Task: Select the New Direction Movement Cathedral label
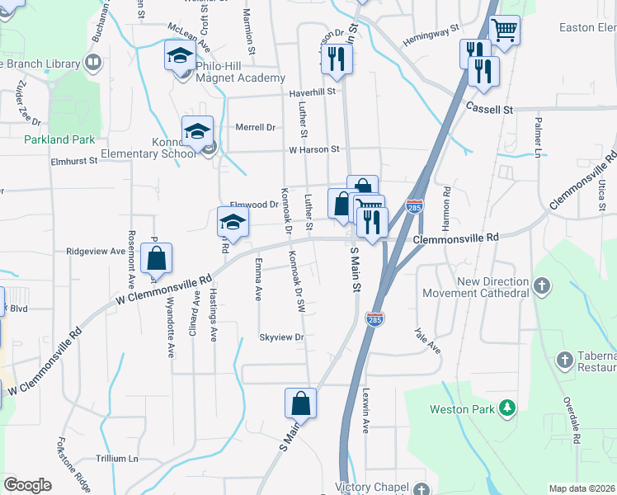475,287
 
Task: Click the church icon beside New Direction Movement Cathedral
541,285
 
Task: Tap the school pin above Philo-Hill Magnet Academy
180,56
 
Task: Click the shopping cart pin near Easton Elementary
504,31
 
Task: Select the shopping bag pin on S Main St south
301,403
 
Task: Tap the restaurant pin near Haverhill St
337,58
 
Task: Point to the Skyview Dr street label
282,337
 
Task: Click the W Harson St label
314,149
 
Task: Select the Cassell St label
489,109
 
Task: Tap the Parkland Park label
60,140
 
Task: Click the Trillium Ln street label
116,459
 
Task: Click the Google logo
27,485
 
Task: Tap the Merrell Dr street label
255,127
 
